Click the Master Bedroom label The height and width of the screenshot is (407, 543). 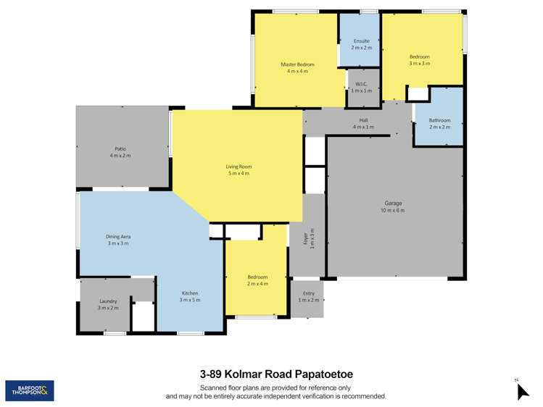pyautogui.click(x=297, y=64)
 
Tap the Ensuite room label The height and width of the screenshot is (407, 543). pyautogui.click(x=361, y=41)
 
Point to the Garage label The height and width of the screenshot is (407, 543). pyautogui.click(x=394, y=204)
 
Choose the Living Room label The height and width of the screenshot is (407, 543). pyautogui.click(x=238, y=167)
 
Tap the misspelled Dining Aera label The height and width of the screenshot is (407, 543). pyautogui.click(x=118, y=237)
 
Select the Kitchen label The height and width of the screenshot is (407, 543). pyautogui.click(x=189, y=293)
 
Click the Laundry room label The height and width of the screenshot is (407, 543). pyautogui.click(x=108, y=301)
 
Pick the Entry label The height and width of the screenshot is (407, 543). pyautogui.click(x=308, y=293)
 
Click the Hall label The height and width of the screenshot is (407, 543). pyautogui.click(x=363, y=120)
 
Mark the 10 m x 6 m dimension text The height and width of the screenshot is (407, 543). pyautogui.click(x=394, y=211)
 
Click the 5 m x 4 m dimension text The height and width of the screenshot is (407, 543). pyautogui.click(x=238, y=174)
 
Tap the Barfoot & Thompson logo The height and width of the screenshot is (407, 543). pyautogui.click(x=29, y=391)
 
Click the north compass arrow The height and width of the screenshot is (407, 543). pyautogui.click(x=523, y=392)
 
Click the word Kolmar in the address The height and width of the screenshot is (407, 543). pyautogui.click(x=244, y=374)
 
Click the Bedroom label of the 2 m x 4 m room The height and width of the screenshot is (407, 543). pyautogui.click(x=257, y=277)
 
